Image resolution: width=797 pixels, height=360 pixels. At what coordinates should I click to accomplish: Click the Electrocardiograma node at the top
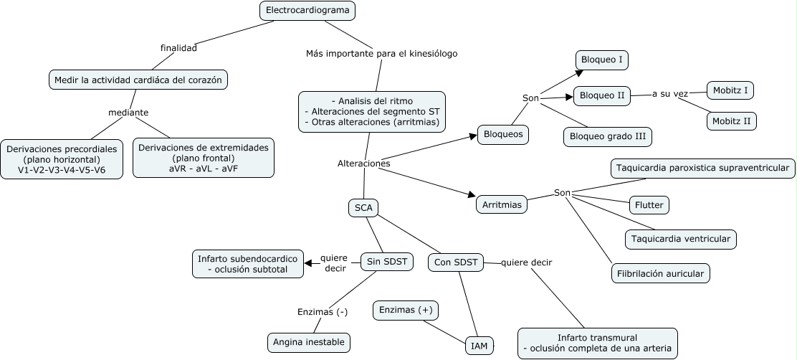[x=307, y=11]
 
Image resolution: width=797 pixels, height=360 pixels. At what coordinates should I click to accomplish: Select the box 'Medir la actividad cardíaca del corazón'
[x=138, y=80]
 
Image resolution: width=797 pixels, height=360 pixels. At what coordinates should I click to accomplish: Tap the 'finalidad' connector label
[x=178, y=48]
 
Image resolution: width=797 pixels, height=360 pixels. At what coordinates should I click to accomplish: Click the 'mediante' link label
[x=128, y=113]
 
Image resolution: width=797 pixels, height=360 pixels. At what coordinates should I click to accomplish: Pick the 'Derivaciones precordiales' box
[x=62, y=158]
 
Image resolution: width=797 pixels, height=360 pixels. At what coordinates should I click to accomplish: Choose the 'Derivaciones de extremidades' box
[x=204, y=158]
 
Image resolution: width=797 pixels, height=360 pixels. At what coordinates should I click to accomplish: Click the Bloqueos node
[x=503, y=134]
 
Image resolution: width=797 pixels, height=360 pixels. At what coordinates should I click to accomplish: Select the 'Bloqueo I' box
[x=602, y=60]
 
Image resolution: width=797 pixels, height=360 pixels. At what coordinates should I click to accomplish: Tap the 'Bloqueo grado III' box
[x=609, y=135]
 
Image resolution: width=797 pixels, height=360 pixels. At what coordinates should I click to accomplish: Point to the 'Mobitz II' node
[x=732, y=120]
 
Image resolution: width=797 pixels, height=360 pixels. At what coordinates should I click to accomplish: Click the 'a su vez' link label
[x=670, y=94]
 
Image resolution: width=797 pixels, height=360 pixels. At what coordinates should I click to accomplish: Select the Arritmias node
[x=502, y=204]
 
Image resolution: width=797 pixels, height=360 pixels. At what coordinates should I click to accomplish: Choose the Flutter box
[x=649, y=205]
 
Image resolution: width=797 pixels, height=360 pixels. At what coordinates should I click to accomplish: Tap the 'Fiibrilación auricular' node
[x=660, y=273]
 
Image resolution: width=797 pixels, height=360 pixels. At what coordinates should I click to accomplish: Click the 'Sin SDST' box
[x=386, y=262]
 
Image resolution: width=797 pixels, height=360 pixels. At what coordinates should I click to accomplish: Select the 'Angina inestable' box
[x=309, y=342]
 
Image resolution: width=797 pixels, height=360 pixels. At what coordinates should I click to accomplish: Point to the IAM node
[x=479, y=346]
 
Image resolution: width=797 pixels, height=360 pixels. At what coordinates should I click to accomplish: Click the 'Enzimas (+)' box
[x=406, y=310]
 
